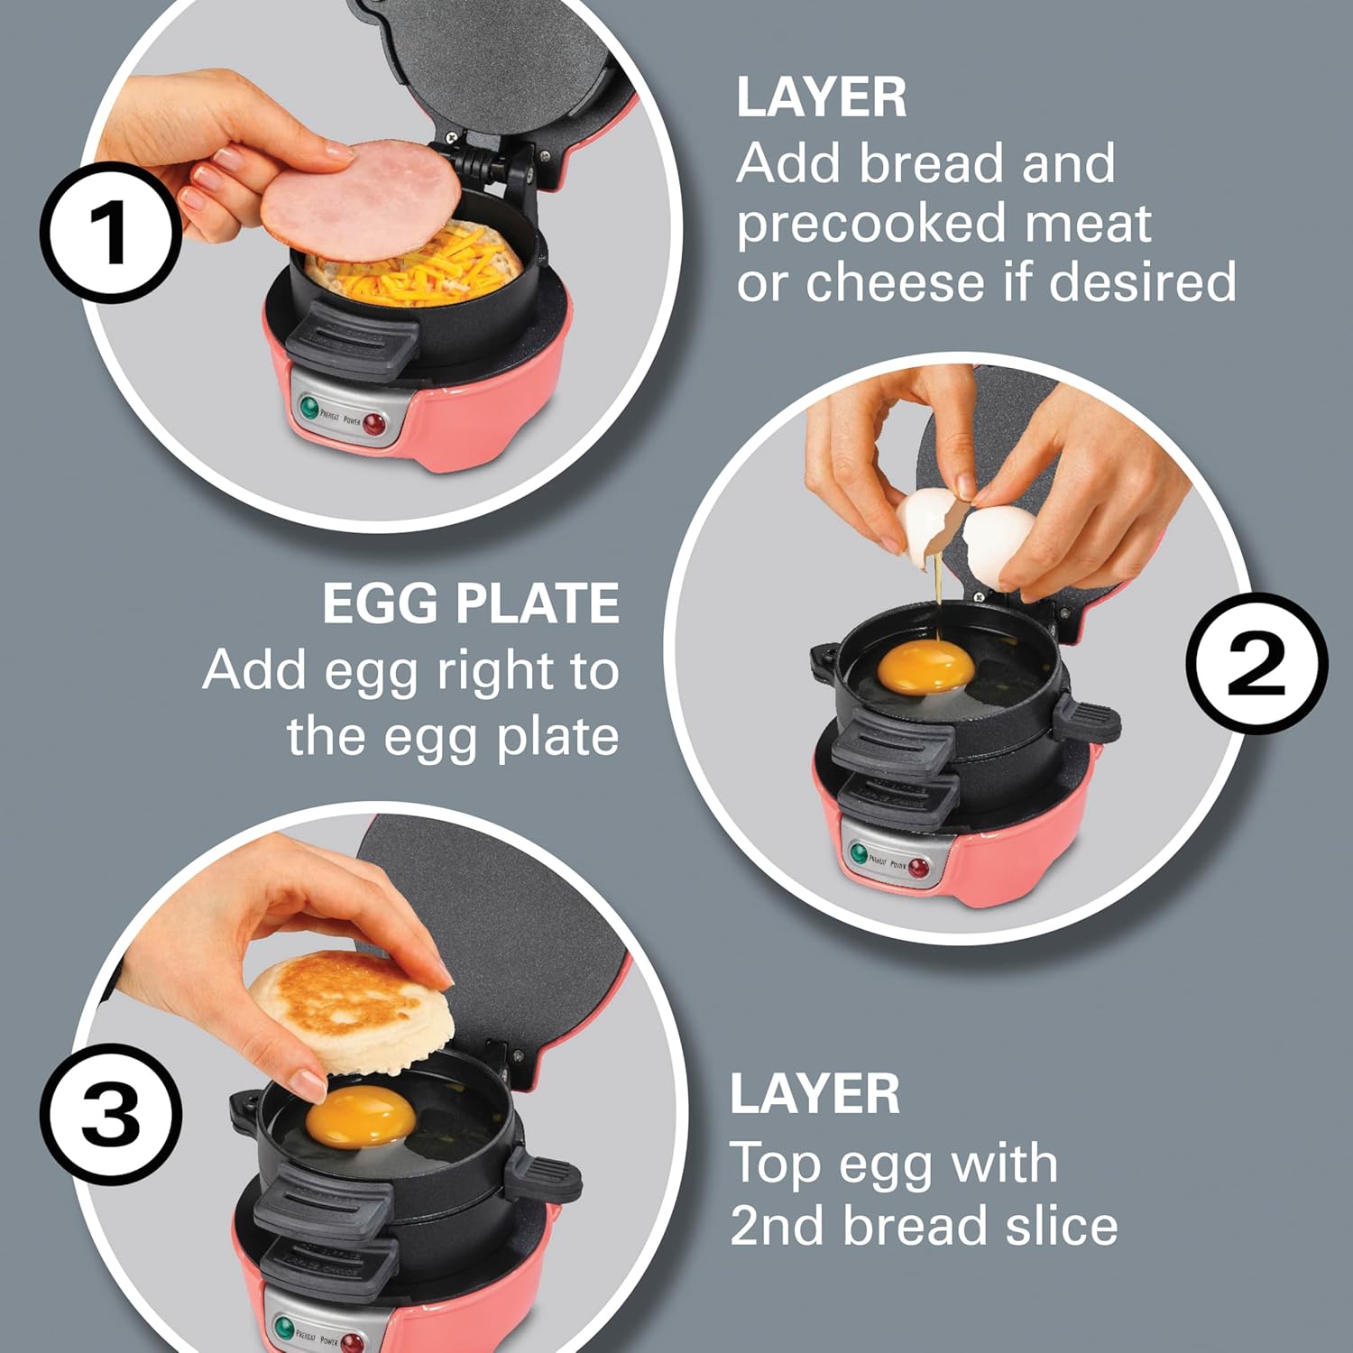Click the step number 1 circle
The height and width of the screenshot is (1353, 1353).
pyautogui.click(x=110, y=233)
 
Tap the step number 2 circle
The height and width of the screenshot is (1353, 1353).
pyautogui.click(x=1256, y=663)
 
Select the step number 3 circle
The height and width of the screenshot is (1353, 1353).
pyautogui.click(x=110, y=1115)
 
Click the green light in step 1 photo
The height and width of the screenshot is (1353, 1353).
pyautogui.click(x=309, y=408)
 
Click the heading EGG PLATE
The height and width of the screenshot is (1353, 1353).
pyautogui.click(x=470, y=603)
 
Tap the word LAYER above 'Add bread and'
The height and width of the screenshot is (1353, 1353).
pyautogui.click(x=821, y=97)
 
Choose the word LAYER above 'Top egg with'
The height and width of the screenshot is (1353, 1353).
pyautogui.click(x=815, y=1094)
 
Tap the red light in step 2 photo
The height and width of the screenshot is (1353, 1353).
pyautogui.click(x=917, y=868)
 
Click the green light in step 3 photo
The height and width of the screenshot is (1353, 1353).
pyautogui.click(x=285, y=1329)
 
